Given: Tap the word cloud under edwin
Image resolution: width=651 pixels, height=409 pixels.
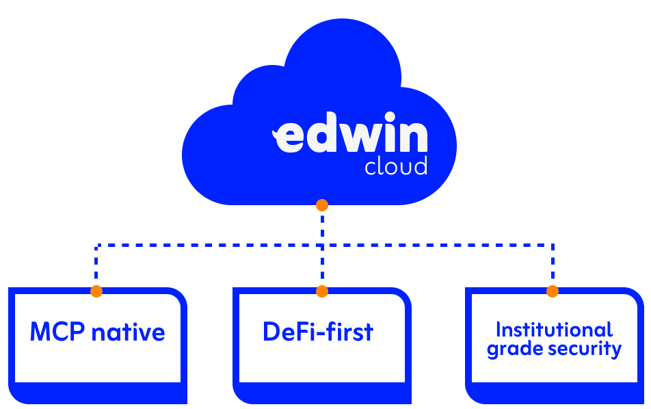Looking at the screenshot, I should tap(395, 166).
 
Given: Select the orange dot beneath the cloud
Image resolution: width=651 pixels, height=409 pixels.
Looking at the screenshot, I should tap(322, 205).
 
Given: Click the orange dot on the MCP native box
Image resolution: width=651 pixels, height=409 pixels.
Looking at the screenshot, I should tap(96, 291).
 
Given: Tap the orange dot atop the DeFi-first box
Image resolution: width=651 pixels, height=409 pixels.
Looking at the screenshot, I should tap(322, 291).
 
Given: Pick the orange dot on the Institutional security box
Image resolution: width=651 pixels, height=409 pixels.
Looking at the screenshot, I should tap(553, 291).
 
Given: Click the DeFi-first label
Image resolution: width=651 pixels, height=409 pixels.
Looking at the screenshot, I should tap(318, 332).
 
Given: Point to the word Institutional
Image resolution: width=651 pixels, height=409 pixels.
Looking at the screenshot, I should tap(554, 330).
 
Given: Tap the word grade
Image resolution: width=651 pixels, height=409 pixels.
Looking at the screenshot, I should tap(509, 349).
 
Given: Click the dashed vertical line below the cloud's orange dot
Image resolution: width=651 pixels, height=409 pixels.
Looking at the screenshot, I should tap(322, 226).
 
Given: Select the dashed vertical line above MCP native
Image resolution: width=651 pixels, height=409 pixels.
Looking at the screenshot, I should tap(96, 267).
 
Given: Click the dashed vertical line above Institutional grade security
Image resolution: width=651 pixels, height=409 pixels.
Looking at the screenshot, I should tap(553, 267).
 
